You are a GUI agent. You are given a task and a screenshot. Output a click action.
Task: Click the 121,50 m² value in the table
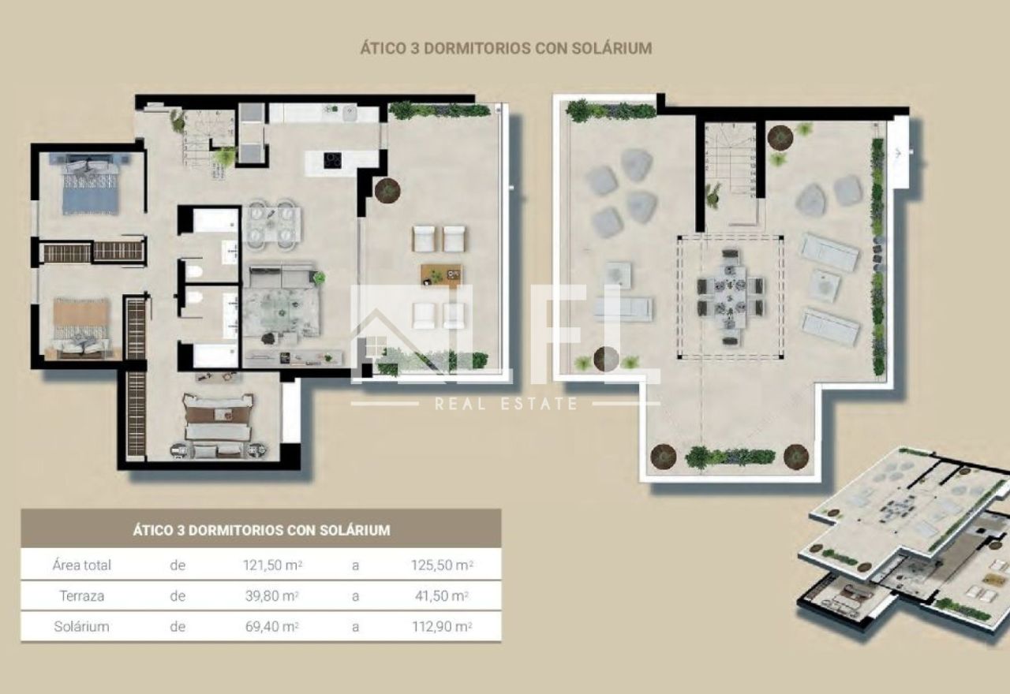pyautogui.click(x=272, y=565)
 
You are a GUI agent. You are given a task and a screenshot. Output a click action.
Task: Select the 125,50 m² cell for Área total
pyautogui.click(x=442, y=565)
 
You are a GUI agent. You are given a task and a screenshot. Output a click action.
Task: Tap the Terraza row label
pyautogui.click(x=81, y=595)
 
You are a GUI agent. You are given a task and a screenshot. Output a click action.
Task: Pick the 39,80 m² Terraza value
pyautogui.click(x=272, y=595)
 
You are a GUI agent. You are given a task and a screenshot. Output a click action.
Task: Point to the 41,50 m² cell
pyautogui.click(x=441, y=595)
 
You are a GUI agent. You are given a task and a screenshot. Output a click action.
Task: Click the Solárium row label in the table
pyautogui.click(x=81, y=626)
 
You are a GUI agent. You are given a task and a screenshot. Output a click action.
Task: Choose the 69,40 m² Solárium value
pyautogui.click(x=272, y=626)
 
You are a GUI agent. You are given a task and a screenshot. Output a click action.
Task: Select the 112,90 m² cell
pyautogui.click(x=442, y=626)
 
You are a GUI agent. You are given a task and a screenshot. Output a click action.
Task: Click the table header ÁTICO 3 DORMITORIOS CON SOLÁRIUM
pyautogui.click(x=261, y=530)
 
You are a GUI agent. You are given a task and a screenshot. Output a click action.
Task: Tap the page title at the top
pyautogui.click(x=506, y=48)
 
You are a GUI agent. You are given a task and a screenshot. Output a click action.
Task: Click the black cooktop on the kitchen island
pyautogui.click(x=332, y=160)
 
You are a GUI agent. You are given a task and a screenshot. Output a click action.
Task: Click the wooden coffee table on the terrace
pyautogui.click(x=441, y=274)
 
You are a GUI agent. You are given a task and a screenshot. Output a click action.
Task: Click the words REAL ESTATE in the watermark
pyautogui.click(x=506, y=403)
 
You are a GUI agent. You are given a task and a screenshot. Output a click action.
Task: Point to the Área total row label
pyautogui.click(x=81, y=565)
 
